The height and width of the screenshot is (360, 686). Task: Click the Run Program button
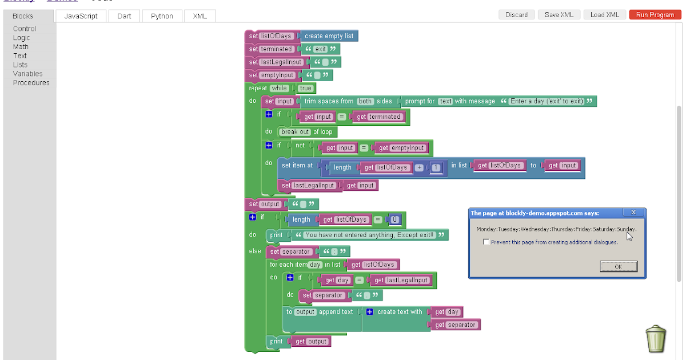pos(655,15)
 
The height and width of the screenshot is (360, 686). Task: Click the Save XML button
pos(559,15)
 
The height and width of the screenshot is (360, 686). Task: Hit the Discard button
pos(516,15)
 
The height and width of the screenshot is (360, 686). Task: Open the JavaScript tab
pos(81,16)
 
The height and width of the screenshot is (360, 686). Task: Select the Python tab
pos(162,16)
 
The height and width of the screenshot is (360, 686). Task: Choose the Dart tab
pos(124,16)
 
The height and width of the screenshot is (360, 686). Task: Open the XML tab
pos(200,16)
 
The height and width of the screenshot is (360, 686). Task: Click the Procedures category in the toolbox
pos(31,83)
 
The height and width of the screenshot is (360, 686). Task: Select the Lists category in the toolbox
pos(20,65)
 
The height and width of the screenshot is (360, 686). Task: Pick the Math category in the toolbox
pos(21,47)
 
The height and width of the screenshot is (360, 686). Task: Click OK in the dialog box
pos(618,267)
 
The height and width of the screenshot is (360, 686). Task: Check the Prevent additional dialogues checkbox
pos(486,242)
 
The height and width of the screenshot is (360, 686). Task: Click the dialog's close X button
pos(633,213)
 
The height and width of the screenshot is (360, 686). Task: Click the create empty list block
pos(329,36)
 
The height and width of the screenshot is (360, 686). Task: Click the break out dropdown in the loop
pos(295,132)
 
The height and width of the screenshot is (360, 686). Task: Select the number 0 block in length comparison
pos(396,219)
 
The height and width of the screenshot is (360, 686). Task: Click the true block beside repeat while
pos(305,89)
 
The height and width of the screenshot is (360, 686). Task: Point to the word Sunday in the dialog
pos(625,229)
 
